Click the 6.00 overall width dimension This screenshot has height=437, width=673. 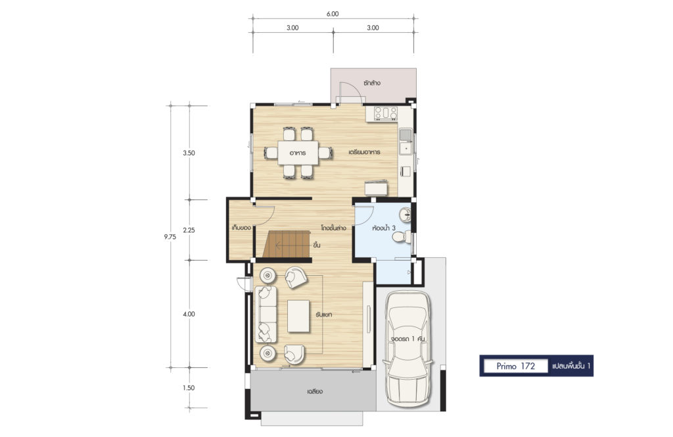(x=332, y=14)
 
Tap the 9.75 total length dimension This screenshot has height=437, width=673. (x=170, y=236)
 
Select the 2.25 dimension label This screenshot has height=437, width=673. (x=189, y=230)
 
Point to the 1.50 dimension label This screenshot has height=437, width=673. (x=189, y=388)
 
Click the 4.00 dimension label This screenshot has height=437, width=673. (x=189, y=314)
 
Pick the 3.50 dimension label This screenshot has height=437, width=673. (x=189, y=153)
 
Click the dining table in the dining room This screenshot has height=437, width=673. (x=298, y=153)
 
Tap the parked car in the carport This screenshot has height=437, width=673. (x=407, y=349)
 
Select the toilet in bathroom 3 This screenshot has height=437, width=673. (x=401, y=237)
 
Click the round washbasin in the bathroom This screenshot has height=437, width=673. (x=405, y=215)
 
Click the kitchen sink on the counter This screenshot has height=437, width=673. (x=405, y=141)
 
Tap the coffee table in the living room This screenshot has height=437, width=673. (x=298, y=317)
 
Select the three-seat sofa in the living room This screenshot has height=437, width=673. (x=266, y=314)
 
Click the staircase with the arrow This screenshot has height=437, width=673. (x=287, y=245)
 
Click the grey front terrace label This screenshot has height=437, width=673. (x=315, y=392)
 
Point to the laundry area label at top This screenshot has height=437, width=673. (x=372, y=83)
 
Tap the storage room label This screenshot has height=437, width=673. (x=241, y=227)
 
